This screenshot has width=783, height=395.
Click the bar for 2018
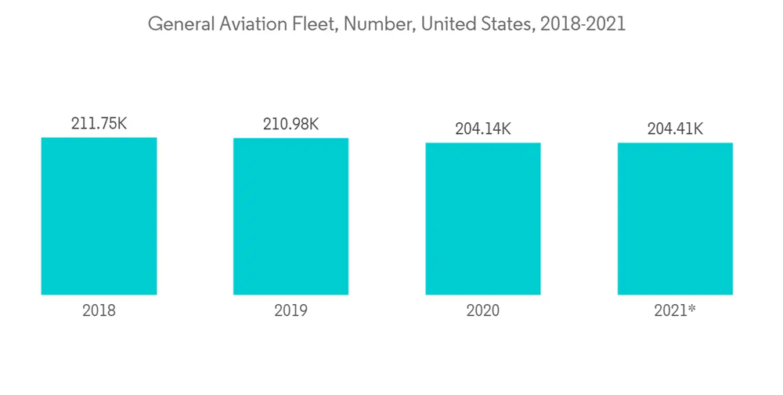pyautogui.click(x=99, y=216)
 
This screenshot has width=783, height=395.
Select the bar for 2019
pyautogui.click(x=290, y=216)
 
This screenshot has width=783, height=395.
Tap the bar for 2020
pyautogui.click(x=483, y=219)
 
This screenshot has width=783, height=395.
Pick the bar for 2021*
pyautogui.click(x=675, y=219)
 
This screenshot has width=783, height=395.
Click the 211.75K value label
pyautogui.click(x=99, y=123)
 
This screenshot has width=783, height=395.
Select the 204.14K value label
pyautogui.click(x=483, y=129)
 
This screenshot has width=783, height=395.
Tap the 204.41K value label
pyautogui.click(x=675, y=129)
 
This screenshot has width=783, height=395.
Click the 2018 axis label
pyautogui.click(x=99, y=310)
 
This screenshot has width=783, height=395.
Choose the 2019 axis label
pyautogui.click(x=290, y=310)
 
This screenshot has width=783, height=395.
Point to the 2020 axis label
pyautogui.click(x=483, y=310)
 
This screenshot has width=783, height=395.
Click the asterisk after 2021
pyautogui.click(x=692, y=308)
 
